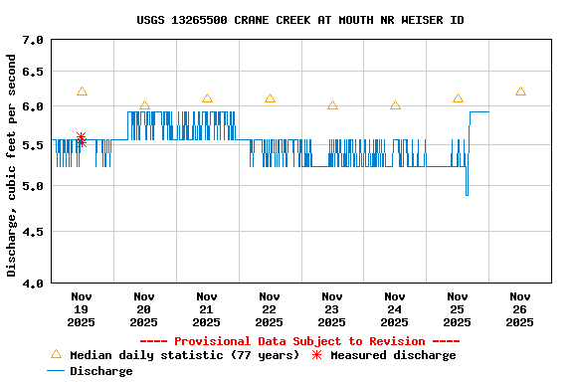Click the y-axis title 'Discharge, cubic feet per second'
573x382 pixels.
click(12, 166)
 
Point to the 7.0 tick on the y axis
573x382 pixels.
click(33, 41)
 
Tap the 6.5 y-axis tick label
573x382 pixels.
click(33, 73)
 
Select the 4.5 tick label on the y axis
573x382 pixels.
click(33, 233)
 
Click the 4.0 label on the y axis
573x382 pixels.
click(33, 284)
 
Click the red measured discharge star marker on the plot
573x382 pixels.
click(81, 138)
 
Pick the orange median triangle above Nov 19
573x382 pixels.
click(82, 92)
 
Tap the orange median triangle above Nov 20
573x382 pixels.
click(144, 105)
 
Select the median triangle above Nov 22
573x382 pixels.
click(270, 98)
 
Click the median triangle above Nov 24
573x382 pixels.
click(395, 105)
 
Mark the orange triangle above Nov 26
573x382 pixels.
click(520, 92)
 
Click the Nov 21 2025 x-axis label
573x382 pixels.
click(207, 308)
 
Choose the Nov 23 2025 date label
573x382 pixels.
click(332, 308)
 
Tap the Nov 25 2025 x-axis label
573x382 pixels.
click(458, 308)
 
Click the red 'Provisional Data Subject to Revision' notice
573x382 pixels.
click(299, 341)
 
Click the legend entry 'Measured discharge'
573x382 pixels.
click(393, 355)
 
